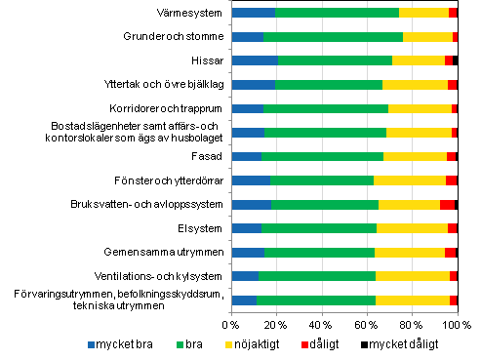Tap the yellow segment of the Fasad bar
click(415, 156)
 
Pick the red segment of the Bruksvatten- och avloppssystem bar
click(447, 205)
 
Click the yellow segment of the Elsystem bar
click(412, 228)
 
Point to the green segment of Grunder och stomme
click(333, 37)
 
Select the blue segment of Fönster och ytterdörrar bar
click(251, 180)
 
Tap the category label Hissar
click(208, 60)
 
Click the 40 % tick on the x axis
click(322, 324)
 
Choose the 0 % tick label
click(231, 324)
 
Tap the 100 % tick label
click(457, 324)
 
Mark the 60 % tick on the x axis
click(367, 324)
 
